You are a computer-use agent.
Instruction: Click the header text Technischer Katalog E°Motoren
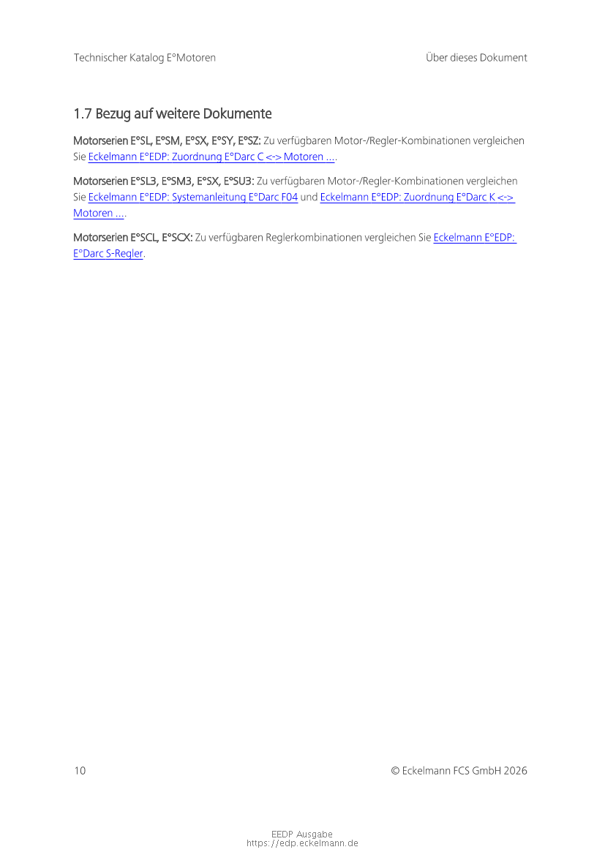[145, 58]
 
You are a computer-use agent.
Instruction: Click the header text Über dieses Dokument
[476, 58]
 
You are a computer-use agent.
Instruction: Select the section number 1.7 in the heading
[83, 113]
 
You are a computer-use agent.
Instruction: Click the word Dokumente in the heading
[237, 113]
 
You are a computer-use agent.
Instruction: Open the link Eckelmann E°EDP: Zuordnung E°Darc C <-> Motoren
[211, 157]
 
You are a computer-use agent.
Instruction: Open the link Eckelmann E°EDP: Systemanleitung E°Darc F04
[193, 197]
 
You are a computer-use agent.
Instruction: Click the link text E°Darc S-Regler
[108, 254]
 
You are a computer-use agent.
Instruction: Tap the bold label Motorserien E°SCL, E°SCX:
[133, 238]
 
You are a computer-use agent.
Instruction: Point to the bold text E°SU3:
[239, 181]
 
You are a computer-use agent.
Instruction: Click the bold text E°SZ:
[249, 140]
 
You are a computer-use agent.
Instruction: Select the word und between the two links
[309, 197]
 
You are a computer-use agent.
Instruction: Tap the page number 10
[80, 770]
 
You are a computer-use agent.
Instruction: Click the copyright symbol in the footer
[395, 771]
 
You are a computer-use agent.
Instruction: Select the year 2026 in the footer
[516, 770]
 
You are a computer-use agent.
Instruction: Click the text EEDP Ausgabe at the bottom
[302, 835]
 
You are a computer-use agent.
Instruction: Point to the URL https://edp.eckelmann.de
[302, 843]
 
